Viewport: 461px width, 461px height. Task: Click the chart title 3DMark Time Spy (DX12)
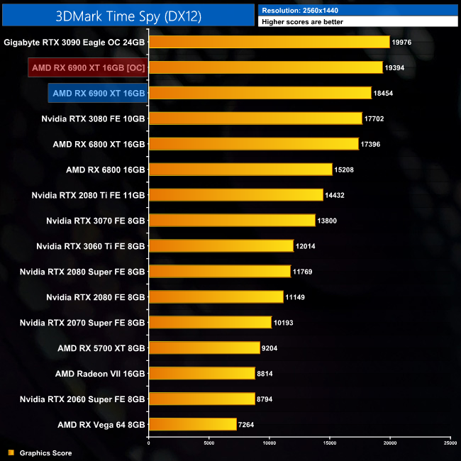[x=128, y=14]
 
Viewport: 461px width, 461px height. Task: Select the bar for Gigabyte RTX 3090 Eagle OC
[x=269, y=43]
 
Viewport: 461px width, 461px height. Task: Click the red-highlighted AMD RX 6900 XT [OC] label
[x=88, y=68]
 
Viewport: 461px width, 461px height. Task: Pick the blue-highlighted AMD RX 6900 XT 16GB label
[x=99, y=93]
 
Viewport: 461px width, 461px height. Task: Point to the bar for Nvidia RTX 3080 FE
[x=255, y=118]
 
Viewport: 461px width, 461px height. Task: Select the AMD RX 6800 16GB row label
[x=105, y=170]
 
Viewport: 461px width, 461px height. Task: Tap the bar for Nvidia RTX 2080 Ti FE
[x=235, y=194]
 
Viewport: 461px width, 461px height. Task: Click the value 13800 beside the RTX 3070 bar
[x=328, y=221]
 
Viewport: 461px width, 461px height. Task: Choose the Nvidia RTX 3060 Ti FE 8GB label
[x=90, y=245]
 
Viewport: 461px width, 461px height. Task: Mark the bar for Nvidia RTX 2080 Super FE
[x=219, y=271]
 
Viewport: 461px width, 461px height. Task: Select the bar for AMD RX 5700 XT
[x=204, y=348]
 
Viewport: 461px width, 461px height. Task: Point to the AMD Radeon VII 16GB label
[x=100, y=373]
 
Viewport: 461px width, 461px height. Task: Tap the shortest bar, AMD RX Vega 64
[x=192, y=424]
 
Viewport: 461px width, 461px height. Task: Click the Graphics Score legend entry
[x=45, y=452]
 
